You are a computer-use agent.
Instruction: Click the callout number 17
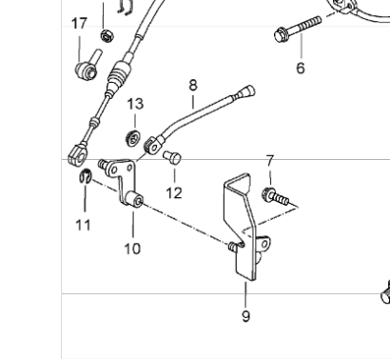point(79,24)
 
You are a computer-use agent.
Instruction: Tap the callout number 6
point(301,69)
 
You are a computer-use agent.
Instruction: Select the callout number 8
point(193,85)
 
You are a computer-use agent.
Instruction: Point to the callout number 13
point(135,104)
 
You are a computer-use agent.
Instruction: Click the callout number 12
point(174,193)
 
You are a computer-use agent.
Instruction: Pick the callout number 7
point(270,161)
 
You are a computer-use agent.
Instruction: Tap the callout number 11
point(83,225)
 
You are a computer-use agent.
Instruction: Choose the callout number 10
point(132,249)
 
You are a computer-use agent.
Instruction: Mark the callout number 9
point(245,316)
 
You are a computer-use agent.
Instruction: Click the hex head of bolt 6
point(280,35)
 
